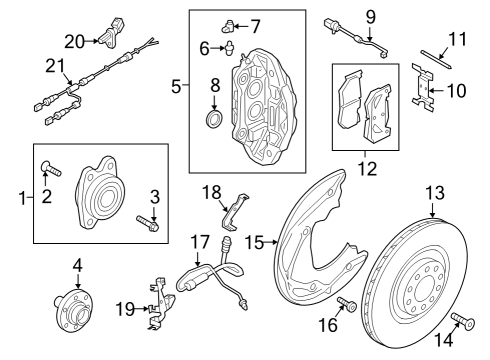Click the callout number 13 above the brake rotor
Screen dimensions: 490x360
[x=435, y=193]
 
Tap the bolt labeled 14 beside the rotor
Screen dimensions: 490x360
[x=463, y=320]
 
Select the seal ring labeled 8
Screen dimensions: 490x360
[x=213, y=118]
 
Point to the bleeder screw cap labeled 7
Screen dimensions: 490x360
[x=228, y=26]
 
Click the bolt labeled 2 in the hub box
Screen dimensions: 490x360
[x=51, y=169]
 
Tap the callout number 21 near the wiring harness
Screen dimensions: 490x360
[x=55, y=66]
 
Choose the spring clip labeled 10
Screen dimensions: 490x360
[x=423, y=87]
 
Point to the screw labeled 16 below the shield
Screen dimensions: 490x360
[x=347, y=304]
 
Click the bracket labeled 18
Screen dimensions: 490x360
[x=235, y=212]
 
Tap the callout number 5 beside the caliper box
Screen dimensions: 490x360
[x=176, y=87]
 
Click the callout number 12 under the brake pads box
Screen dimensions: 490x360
[x=367, y=169]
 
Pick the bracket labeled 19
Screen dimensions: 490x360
[x=160, y=302]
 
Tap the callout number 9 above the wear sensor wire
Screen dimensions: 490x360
[x=370, y=17]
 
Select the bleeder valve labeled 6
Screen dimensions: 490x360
[x=230, y=47]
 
